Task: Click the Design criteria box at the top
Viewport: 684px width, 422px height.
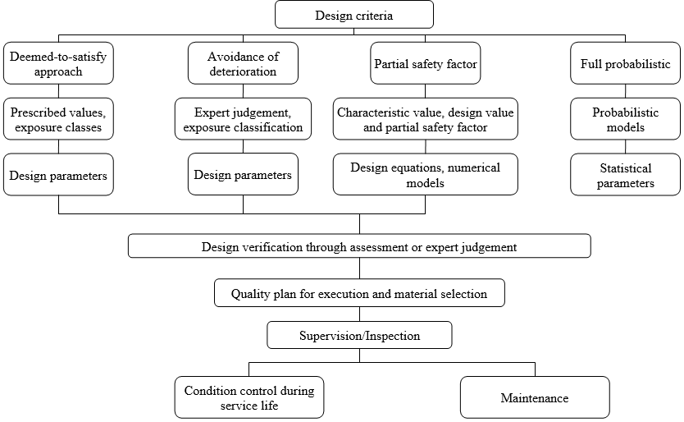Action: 353,15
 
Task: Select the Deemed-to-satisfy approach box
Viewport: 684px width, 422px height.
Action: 58,63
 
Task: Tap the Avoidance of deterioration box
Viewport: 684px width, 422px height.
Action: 243,63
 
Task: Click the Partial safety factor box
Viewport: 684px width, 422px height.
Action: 425,63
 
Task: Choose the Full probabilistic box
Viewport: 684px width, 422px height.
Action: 625,63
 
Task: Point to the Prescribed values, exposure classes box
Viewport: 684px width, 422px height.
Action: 58,119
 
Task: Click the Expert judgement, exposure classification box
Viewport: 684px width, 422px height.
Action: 243,119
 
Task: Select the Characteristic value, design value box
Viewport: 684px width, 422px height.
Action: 425,119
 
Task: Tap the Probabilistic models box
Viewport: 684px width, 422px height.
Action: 625,119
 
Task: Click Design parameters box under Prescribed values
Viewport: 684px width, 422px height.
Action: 58,175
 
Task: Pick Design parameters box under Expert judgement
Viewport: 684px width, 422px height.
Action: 243,175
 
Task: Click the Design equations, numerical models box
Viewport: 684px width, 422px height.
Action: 425,175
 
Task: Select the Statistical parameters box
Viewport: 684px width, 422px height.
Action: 625,175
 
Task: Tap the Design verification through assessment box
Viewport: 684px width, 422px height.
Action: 359,246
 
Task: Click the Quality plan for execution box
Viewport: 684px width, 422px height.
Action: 359,293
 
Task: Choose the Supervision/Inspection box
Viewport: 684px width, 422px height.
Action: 359,335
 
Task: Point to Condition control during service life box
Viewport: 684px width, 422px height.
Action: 249,397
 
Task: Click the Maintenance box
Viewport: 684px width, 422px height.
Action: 535,397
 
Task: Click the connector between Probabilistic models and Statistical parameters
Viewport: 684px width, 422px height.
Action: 625,146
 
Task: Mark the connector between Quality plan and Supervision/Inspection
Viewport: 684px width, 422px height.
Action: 359,314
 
